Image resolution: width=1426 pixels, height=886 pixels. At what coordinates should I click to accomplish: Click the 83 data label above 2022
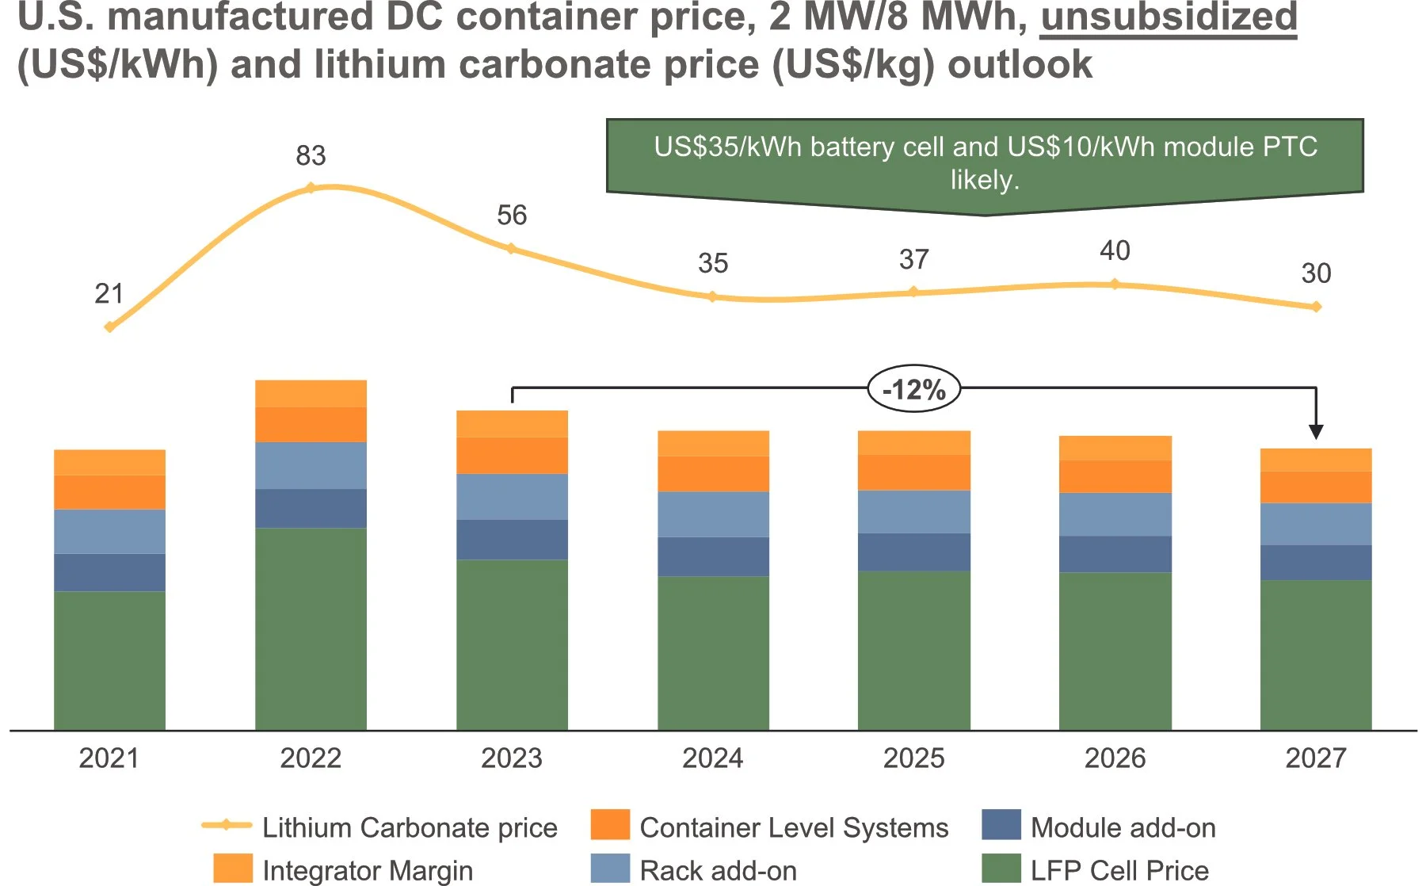click(x=311, y=155)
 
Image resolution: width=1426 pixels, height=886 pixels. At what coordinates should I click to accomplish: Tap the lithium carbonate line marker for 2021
click(x=109, y=327)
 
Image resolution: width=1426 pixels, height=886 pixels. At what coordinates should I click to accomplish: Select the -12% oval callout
click(x=913, y=389)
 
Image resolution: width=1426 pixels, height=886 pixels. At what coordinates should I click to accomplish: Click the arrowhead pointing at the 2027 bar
click(x=1316, y=431)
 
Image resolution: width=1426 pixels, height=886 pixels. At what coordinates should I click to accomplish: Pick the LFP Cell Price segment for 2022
click(x=311, y=628)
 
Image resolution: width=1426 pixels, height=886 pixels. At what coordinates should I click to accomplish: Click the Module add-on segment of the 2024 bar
click(x=713, y=556)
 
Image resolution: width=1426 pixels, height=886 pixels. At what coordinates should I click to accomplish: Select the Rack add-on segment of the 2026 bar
click(x=1115, y=514)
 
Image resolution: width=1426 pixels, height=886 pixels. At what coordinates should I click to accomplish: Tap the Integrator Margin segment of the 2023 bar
click(x=512, y=424)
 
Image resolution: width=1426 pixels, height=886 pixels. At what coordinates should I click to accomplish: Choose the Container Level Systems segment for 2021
click(x=109, y=492)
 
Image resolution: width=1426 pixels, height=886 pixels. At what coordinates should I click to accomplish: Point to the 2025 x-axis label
click(x=913, y=758)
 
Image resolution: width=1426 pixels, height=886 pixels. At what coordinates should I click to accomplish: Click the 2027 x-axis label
click(x=1315, y=758)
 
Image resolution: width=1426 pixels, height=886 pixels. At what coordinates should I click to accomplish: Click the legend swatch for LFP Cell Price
click(x=1001, y=869)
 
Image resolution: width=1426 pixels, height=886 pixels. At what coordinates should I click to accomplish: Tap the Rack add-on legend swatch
click(x=610, y=869)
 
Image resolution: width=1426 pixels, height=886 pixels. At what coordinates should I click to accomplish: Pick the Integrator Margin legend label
click(x=367, y=870)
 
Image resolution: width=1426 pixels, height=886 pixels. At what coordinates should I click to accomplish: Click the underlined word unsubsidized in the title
click(x=1169, y=17)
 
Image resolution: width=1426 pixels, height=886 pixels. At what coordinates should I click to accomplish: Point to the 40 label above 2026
click(x=1115, y=250)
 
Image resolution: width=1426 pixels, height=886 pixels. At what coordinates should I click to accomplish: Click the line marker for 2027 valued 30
click(x=1316, y=307)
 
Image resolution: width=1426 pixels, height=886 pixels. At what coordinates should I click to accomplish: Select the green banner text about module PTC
click(x=985, y=162)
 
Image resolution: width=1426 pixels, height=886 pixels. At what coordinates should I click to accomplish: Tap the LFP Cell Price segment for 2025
click(x=913, y=650)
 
